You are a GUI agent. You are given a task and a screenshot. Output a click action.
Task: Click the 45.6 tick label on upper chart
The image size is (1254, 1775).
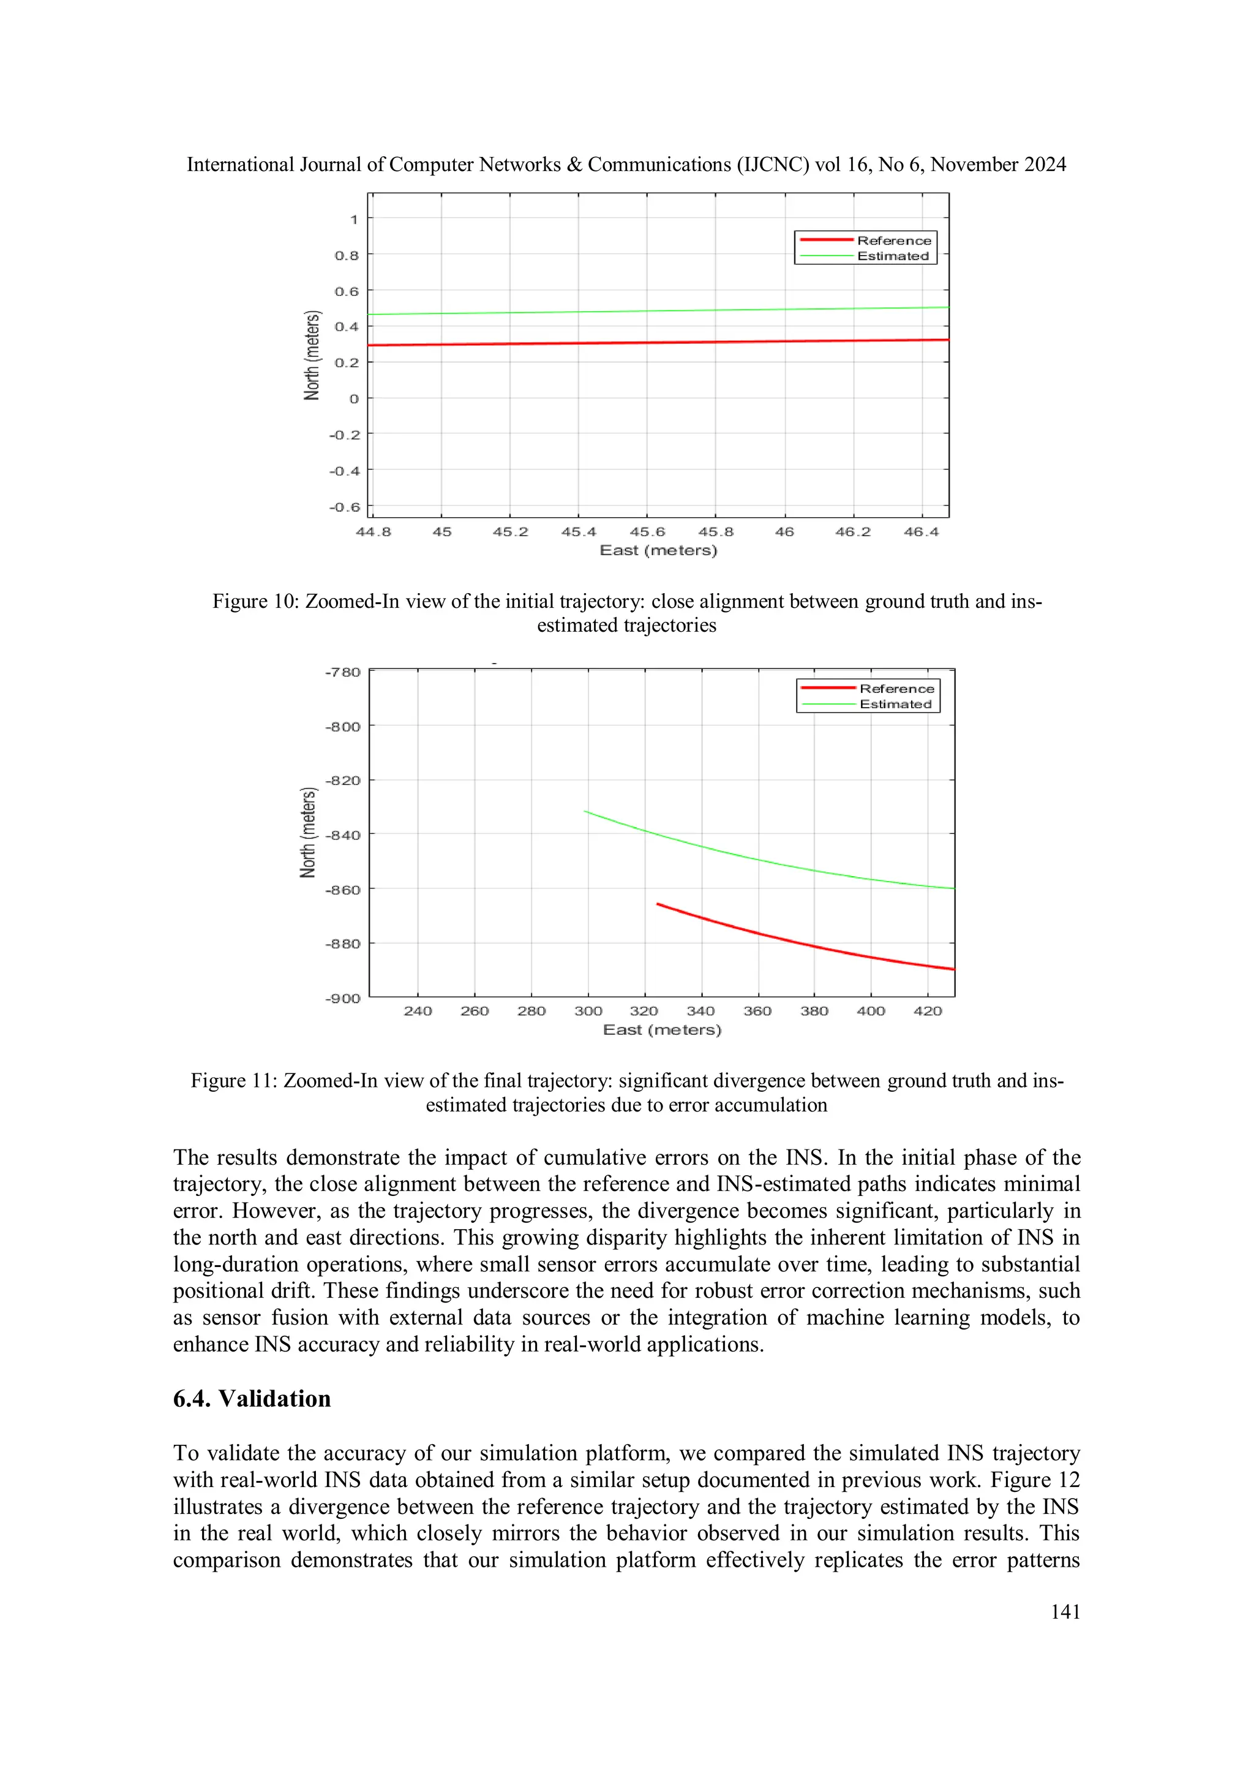[647, 532]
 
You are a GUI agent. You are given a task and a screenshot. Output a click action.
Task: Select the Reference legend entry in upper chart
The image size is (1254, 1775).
[894, 240]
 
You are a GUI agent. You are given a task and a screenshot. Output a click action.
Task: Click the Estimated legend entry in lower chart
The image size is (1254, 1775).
[895, 703]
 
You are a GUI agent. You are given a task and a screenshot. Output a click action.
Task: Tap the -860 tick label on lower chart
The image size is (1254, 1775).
[342, 890]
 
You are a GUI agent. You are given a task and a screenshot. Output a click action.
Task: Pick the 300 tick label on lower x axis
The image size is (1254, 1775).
[588, 1011]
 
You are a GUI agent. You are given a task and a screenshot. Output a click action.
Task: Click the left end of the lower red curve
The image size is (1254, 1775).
[658, 904]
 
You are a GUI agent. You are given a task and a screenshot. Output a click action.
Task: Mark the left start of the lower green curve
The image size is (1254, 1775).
[585, 811]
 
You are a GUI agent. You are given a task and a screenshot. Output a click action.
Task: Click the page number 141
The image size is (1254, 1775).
[1065, 1611]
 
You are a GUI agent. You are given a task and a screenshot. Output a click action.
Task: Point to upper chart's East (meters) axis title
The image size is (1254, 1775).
[658, 550]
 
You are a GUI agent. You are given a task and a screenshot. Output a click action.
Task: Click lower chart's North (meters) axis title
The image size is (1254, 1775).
[308, 833]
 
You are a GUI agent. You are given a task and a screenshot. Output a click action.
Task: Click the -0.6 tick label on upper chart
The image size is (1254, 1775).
[345, 507]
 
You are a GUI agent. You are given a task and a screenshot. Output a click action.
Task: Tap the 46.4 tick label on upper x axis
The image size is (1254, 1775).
[921, 532]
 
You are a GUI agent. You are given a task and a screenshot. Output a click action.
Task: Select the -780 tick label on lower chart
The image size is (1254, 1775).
[342, 672]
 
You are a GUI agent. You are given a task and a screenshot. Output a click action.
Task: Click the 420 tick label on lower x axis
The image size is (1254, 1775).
[927, 1011]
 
